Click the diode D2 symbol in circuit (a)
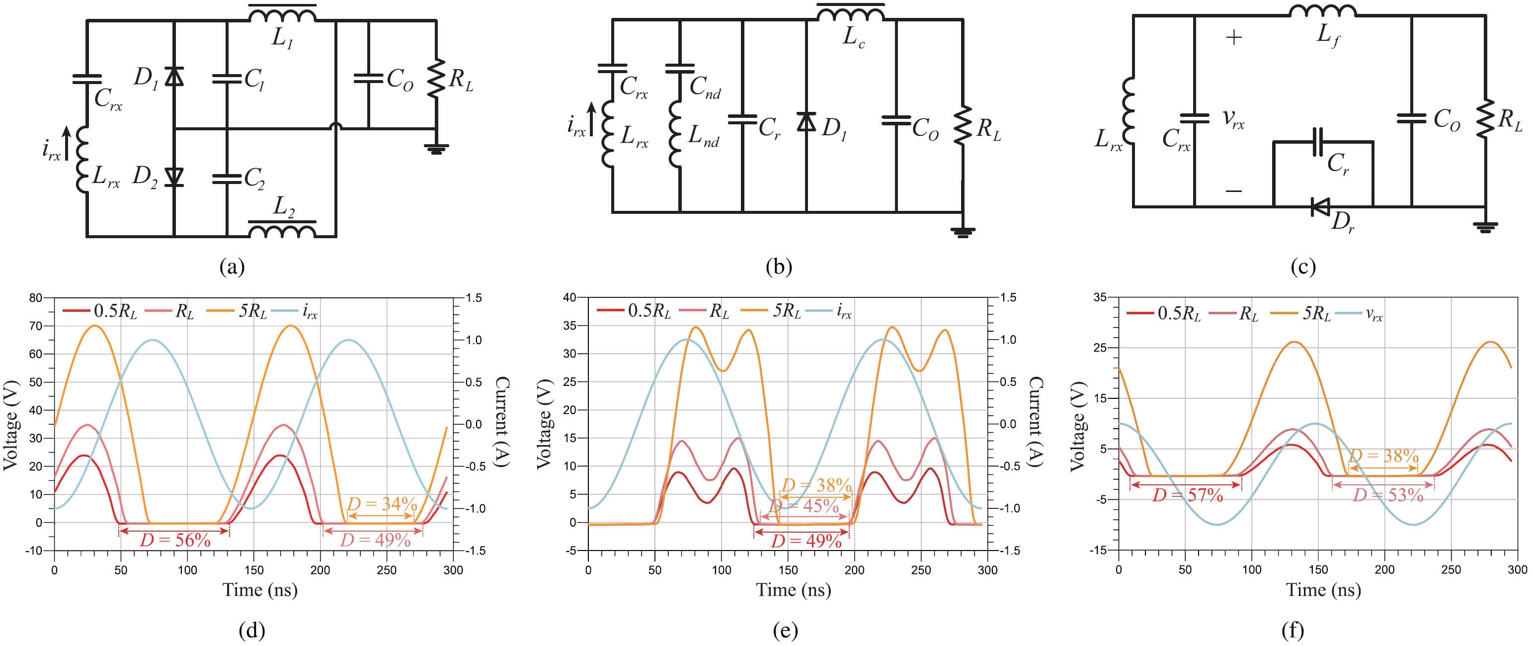(174, 177)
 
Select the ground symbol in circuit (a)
(437, 149)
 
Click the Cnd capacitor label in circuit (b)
(705, 88)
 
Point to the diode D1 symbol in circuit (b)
(807, 122)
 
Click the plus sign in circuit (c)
(1234, 37)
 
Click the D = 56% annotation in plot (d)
(175, 541)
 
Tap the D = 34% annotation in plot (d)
(382, 504)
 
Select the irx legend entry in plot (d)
(296, 311)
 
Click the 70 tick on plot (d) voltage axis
(36, 326)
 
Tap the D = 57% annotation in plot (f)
(1187, 495)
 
